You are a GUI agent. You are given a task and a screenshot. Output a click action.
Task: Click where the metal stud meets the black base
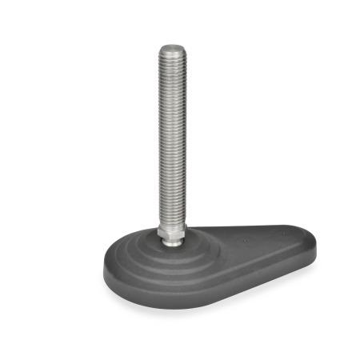(x=172, y=242)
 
